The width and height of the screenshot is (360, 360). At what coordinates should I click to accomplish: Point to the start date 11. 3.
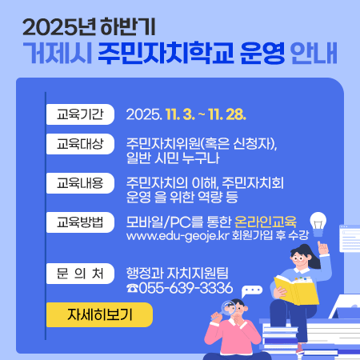(182, 114)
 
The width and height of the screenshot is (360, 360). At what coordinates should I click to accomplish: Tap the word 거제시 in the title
(55, 54)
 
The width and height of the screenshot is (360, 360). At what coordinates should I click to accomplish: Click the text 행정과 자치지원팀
(178, 272)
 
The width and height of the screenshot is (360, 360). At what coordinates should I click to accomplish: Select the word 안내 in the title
(314, 54)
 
